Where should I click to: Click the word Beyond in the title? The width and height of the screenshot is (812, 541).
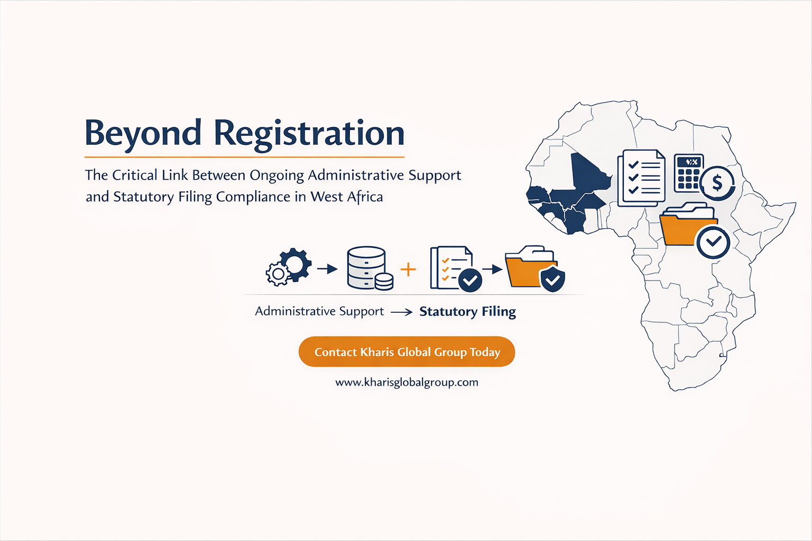tap(143, 133)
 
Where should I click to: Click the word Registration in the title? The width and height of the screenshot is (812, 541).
tap(309, 133)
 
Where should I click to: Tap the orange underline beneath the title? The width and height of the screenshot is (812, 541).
tap(244, 157)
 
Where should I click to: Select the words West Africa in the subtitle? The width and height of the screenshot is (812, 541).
tap(347, 197)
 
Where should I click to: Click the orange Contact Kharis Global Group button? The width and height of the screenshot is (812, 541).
tap(407, 352)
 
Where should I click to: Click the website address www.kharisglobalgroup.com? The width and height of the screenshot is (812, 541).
tap(407, 383)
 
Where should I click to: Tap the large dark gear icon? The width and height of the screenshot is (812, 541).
tap(295, 264)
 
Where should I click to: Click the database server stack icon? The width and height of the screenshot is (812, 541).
tap(366, 267)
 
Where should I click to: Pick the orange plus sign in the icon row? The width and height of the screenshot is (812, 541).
tap(408, 269)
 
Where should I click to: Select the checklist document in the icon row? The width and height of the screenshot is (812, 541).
tap(449, 267)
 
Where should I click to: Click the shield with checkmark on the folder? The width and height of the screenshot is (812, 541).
tap(552, 279)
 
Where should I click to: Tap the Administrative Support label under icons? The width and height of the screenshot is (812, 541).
tap(319, 311)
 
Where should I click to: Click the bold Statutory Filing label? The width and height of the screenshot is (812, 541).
tap(467, 312)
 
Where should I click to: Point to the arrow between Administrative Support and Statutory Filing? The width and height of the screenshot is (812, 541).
tap(401, 312)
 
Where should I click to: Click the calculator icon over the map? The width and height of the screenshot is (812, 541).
tap(688, 173)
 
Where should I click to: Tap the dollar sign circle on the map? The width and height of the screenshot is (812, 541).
tap(717, 183)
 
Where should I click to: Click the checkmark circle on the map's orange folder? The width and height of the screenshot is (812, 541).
tap(713, 242)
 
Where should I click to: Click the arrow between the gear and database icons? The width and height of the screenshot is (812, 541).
tap(327, 269)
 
